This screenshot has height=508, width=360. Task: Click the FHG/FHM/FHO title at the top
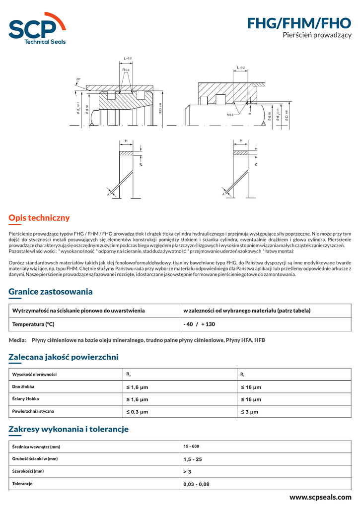pos(299,23)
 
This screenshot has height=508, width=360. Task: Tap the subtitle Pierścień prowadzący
pos(317,35)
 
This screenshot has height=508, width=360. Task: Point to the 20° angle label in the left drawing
pos(78,79)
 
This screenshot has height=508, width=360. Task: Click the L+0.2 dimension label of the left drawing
pos(127,59)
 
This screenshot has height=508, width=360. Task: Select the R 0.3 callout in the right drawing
pos(230,115)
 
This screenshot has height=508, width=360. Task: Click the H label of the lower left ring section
pos(126,141)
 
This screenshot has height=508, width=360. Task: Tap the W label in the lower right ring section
pos(256,164)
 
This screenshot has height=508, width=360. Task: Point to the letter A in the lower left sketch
pos(108,194)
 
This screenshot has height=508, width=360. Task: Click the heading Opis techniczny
pos(39,218)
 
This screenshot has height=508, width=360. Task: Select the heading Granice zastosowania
pos(51,291)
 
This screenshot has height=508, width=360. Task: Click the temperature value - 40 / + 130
pos(199,324)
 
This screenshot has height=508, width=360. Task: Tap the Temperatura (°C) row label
pos(33,324)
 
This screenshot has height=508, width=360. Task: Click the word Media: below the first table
pos(17,340)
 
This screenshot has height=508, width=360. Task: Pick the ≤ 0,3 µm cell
pos(137,412)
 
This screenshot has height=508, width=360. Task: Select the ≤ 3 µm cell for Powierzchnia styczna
pos(250,412)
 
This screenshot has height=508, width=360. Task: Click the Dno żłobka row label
pos(23,386)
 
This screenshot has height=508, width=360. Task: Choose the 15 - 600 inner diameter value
pos(191,446)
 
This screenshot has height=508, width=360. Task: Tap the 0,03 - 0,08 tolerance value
pos(196,484)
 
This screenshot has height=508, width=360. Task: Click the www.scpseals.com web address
pos(320,497)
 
